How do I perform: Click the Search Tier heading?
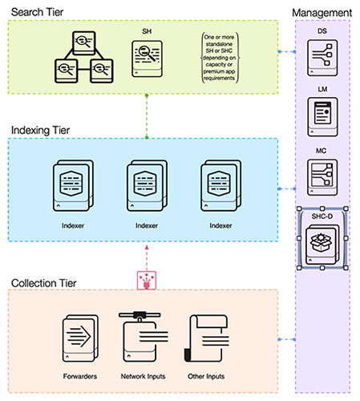point(37,10)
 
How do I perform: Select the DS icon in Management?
point(322,57)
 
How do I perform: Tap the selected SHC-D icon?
point(322,243)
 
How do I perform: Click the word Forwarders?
point(79,376)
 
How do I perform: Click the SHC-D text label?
point(321,216)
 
